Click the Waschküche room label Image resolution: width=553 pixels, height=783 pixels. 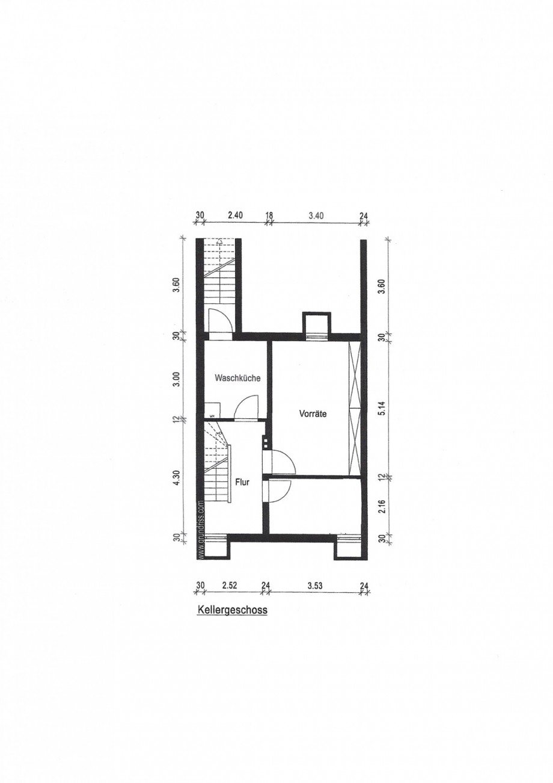[x=237, y=379]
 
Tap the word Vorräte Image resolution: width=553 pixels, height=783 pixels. [x=313, y=414]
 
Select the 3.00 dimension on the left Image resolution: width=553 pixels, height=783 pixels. [x=176, y=379]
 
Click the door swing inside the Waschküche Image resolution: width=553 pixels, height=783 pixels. [x=246, y=407]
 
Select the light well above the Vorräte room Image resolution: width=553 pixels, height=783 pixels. [x=315, y=323]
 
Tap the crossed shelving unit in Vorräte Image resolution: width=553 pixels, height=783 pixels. [x=356, y=407]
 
